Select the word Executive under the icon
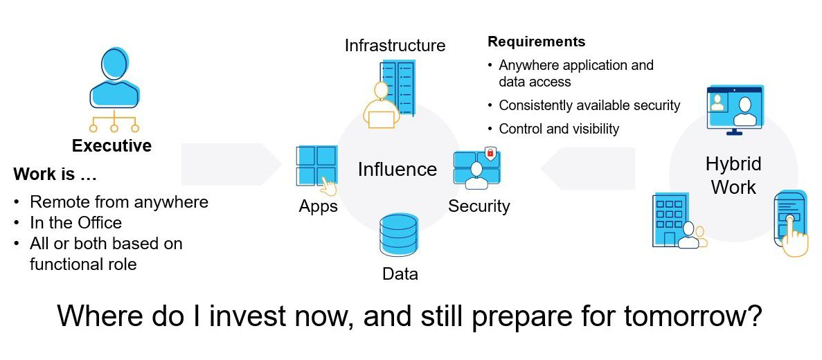[x=111, y=146]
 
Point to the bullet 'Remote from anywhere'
[x=118, y=202]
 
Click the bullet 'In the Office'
[x=75, y=223]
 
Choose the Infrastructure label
[x=395, y=46]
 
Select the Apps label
[x=318, y=206]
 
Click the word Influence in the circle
[x=397, y=170]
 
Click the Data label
[x=400, y=274]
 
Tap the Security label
[x=479, y=206]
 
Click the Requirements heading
[x=536, y=42]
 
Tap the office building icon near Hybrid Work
[x=670, y=219]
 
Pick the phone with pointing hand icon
[x=791, y=222]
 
